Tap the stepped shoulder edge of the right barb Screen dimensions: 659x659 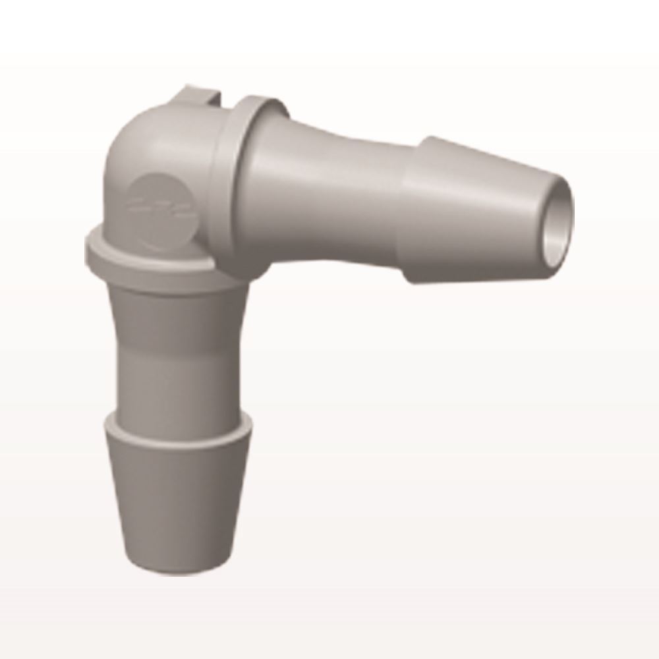click(412, 211)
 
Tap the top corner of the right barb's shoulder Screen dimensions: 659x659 click(425, 140)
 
